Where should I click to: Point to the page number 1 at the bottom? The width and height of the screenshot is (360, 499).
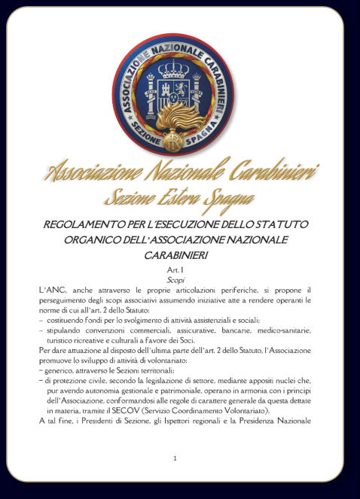coord(175,458)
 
